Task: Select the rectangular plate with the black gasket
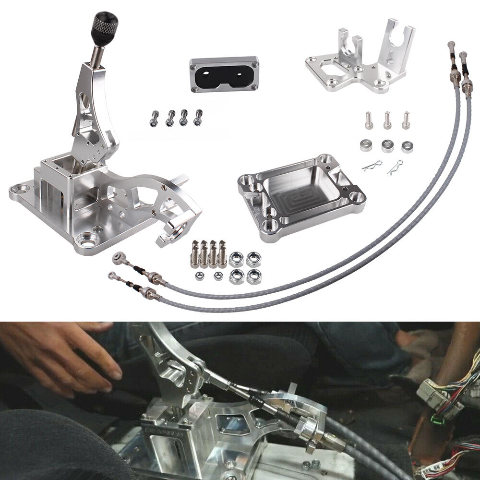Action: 224,75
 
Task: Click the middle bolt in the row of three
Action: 387,120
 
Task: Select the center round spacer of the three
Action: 387,145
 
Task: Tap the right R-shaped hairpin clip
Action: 395,167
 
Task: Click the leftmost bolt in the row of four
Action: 155,117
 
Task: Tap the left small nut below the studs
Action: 198,276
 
